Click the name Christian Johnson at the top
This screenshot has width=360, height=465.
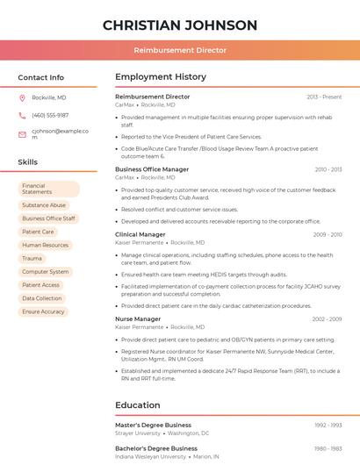coord(180,25)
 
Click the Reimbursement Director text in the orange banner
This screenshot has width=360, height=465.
coord(180,50)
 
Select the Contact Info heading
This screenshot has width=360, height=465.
coord(41,77)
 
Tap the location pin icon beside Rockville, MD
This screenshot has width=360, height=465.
coord(22,98)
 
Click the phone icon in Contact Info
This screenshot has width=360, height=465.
coord(22,116)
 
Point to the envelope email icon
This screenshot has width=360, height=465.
coord(22,134)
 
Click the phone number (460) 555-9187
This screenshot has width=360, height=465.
coord(50,116)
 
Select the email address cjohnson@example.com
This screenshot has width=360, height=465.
coord(60,134)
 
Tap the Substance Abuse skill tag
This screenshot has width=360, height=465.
coord(44,205)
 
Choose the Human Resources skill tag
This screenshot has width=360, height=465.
coord(45,246)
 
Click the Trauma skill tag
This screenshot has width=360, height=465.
coord(32,259)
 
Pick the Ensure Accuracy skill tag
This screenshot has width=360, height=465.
coord(43,311)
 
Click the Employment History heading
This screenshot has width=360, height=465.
coord(161,77)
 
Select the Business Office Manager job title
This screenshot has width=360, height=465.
coord(152,169)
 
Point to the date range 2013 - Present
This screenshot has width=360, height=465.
coord(324,97)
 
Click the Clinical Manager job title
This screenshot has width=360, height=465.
coord(140,235)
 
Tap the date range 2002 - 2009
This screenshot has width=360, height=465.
coord(327,319)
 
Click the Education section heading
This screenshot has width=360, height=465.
coord(138,405)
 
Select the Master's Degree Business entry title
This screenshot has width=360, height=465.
coord(153,425)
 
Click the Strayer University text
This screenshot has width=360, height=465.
coord(138,433)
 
